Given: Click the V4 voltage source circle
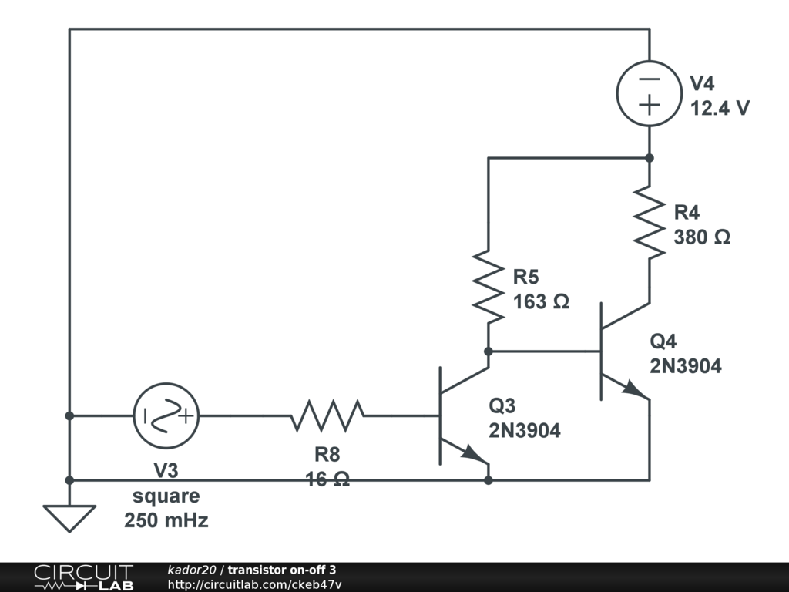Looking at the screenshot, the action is tap(649, 61).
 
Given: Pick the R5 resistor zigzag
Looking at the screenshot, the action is tap(488, 287).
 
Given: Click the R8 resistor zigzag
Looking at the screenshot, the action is tap(327, 415).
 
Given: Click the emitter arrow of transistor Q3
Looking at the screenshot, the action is tap(475, 453).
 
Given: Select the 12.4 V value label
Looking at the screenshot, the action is tap(720, 108).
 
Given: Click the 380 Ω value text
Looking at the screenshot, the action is tap(702, 237).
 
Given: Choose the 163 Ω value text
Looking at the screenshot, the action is tap(541, 301).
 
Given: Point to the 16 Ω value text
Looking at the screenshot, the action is tap(327, 479).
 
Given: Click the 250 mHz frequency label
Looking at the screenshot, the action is tap(166, 520).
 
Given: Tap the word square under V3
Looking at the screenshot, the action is tap(166, 496).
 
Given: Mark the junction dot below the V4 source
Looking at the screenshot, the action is tap(649, 158).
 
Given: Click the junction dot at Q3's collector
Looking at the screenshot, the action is tap(488, 351).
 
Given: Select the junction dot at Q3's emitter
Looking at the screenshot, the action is tap(488, 480).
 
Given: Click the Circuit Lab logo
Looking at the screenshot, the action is tap(84, 577).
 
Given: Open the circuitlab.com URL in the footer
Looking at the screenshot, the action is tap(254, 584).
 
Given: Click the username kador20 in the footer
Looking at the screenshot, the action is tap(192, 570).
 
